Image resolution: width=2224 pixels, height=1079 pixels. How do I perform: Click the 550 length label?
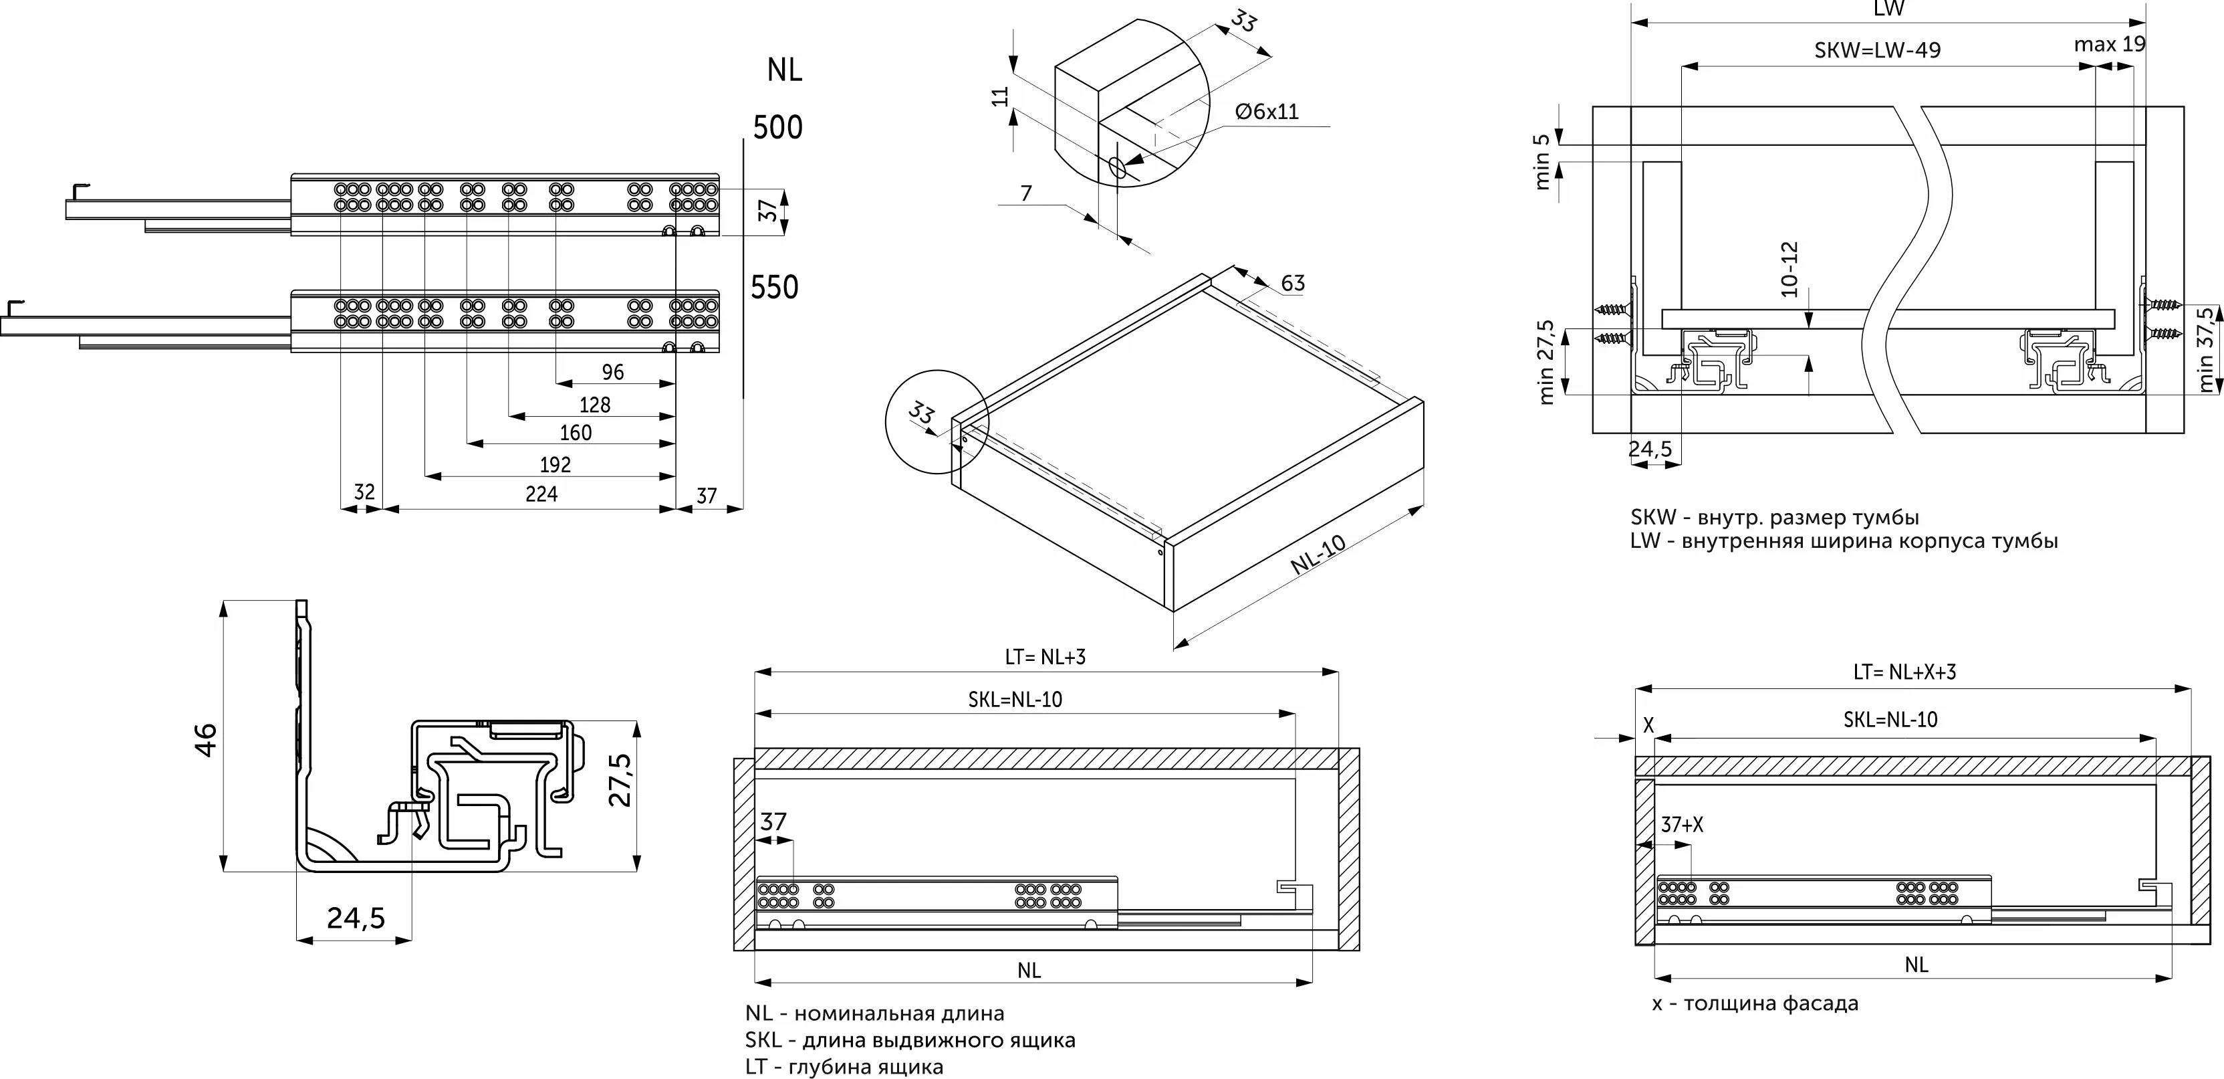(775, 287)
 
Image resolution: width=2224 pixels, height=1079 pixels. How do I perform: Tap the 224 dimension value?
(541, 494)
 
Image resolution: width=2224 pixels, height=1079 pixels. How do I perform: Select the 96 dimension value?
(612, 373)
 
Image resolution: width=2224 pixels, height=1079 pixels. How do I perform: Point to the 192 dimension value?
(555, 465)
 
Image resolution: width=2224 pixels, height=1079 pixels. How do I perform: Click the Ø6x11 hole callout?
(1267, 112)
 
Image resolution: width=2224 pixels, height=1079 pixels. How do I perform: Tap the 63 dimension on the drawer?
(1292, 284)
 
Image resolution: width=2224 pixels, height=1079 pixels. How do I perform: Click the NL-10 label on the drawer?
(1318, 555)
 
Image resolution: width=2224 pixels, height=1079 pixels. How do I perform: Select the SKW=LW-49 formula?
(1877, 50)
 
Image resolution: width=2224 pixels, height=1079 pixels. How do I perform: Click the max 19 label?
(2109, 44)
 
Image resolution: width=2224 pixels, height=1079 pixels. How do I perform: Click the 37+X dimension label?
(1682, 825)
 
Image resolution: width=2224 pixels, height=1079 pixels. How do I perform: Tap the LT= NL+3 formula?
(1045, 656)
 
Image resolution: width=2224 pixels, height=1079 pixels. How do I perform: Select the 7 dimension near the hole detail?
(1025, 193)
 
